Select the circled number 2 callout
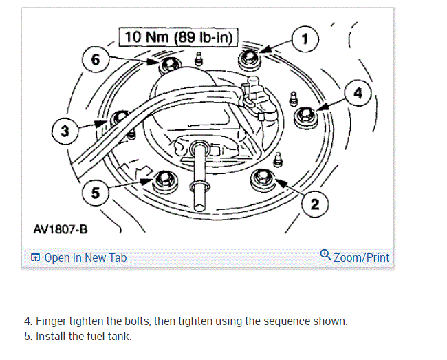point(314,204)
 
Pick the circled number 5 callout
point(94,195)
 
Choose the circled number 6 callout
point(95,60)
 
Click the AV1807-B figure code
point(61,228)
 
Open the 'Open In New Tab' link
point(85,257)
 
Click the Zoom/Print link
point(361,257)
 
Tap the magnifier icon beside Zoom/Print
point(326,256)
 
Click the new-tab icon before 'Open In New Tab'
point(35,257)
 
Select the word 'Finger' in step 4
point(52,321)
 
